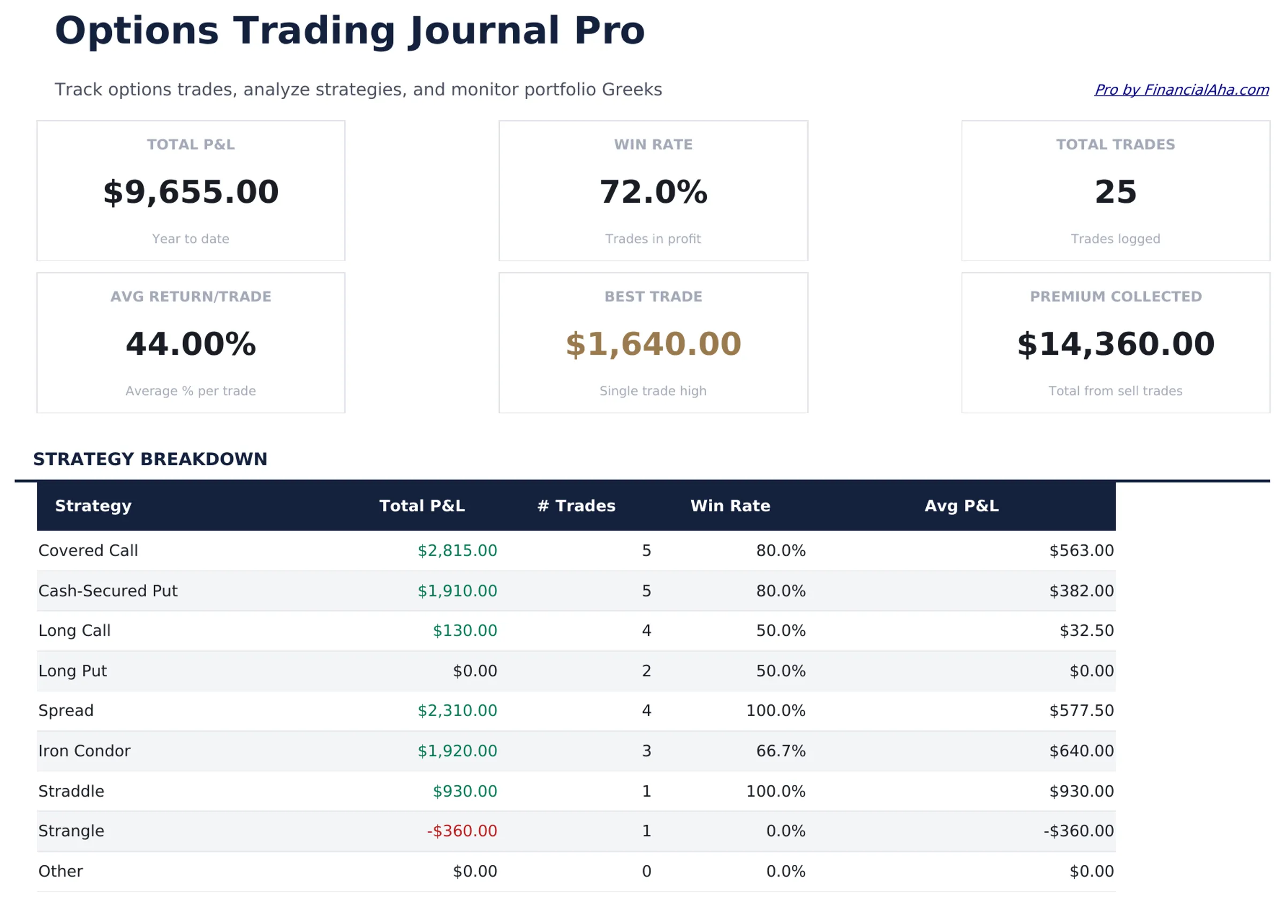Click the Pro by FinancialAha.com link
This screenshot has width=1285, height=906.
1181,89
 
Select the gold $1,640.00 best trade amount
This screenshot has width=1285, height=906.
653,344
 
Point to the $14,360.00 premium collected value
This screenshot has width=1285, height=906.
1115,344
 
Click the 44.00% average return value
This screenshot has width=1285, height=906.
191,344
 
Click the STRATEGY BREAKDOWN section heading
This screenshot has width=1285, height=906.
150,459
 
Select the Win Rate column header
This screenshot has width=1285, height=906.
730,506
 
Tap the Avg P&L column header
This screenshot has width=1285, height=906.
962,506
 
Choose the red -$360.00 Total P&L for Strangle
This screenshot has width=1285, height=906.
462,831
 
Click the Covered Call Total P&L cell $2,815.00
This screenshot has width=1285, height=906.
457,551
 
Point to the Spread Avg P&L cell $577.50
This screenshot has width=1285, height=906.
1082,711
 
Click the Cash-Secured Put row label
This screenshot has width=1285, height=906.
108,591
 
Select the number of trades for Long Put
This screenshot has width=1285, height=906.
646,671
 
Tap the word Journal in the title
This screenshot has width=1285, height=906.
484,31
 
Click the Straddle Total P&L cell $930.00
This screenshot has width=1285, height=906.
465,791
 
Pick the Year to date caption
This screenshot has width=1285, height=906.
191,239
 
